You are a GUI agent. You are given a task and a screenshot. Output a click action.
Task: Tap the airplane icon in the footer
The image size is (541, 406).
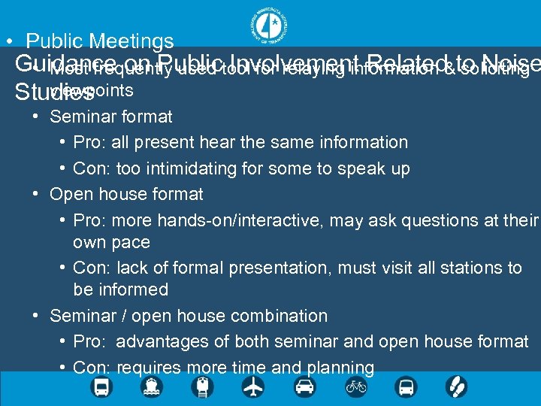click(x=253, y=387)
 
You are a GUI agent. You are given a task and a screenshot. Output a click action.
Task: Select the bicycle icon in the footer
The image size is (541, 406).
click(x=356, y=387)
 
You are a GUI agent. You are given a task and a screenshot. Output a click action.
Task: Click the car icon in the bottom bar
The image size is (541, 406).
click(x=304, y=387)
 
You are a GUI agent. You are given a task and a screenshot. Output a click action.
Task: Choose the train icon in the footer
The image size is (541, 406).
click(x=202, y=387)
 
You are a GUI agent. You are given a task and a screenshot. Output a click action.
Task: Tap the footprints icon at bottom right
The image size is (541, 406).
click(x=457, y=387)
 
